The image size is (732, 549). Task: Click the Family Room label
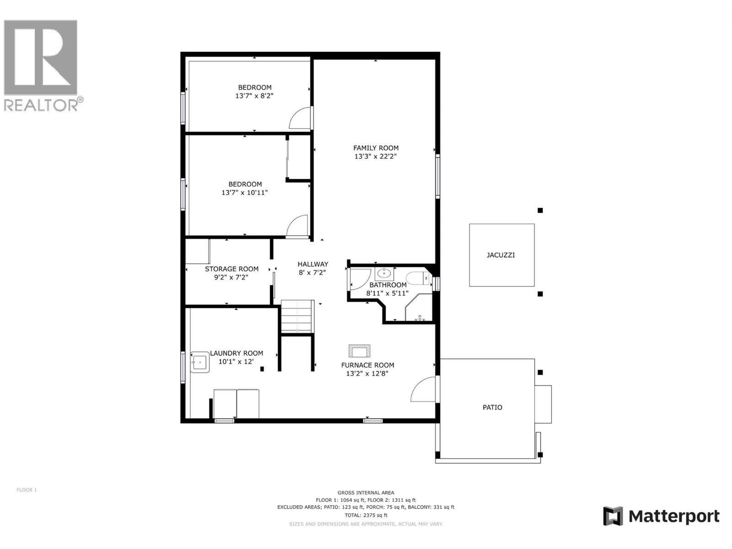tap(376, 148)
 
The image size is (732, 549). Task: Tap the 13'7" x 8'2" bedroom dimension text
tap(254, 96)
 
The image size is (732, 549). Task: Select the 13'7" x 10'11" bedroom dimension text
tap(244, 193)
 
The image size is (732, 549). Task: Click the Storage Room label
tap(231, 269)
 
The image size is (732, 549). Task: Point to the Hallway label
tap(313, 264)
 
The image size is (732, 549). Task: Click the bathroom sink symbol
tap(384, 274)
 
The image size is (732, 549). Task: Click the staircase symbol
tap(297, 316)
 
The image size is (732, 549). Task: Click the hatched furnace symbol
tap(360, 350)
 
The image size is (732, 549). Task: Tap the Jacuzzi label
tap(501, 255)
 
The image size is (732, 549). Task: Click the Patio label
tap(492, 407)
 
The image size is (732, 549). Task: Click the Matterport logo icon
tap(613, 516)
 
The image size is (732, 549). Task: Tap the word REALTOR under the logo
tap(41, 105)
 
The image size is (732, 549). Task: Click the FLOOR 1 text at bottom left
tap(27, 490)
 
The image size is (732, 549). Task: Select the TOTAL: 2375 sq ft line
tap(366, 515)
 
